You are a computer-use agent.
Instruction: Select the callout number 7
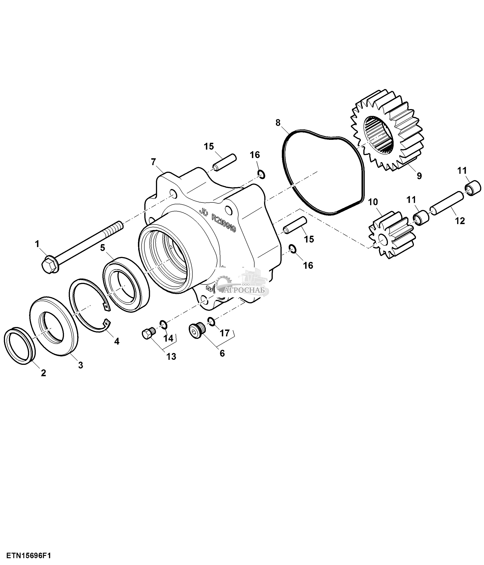[x=153, y=162]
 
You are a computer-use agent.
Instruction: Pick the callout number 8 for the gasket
[x=278, y=123]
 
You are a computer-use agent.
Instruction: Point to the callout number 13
[x=171, y=356]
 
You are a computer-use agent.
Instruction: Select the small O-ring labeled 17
[x=211, y=321]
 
